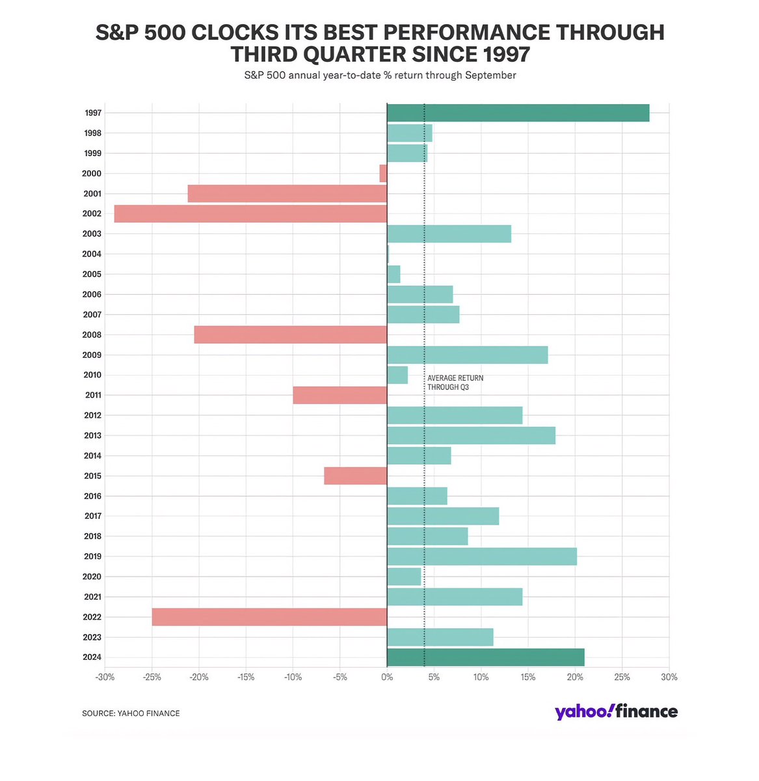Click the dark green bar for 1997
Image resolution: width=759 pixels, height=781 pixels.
tap(518, 113)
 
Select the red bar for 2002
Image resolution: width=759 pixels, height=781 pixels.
tap(250, 213)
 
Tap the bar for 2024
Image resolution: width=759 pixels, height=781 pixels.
tap(485, 657)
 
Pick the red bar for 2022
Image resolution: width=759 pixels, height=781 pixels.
tap(269, 617)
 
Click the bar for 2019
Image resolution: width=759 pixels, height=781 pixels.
tap(481, 556)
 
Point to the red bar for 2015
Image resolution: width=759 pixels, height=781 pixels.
tap(355, 476)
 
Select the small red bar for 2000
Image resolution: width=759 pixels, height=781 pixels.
tap(383, 173)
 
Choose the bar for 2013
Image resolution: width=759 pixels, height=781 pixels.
tap(471, 435)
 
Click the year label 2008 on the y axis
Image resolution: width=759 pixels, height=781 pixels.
tap(92, 335)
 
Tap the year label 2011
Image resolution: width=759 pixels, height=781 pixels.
tap(92, 395)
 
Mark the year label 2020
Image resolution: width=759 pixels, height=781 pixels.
tap(92, 577)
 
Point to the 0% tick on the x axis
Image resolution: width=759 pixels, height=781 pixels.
tap(387, 678)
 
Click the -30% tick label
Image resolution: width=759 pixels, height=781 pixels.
tap(105, 678)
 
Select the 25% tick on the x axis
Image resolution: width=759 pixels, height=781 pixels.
tap(622, 678)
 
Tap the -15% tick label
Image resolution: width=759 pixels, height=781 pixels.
tap(246, 678)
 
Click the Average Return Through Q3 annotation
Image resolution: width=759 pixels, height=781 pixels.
tap(455, 383)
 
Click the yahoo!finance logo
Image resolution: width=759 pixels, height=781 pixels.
tap(616, 711)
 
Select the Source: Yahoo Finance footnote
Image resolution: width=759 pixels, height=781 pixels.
tap(131, 713)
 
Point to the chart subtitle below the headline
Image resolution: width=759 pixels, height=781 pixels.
tap(380, 75)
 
